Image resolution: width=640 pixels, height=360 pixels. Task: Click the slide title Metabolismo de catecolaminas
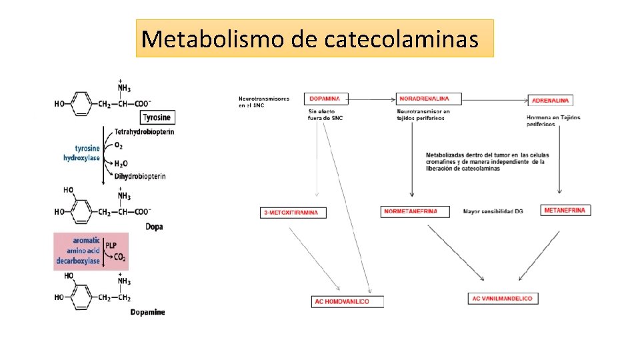point(315,39)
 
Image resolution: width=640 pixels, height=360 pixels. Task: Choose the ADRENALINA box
point(551,100)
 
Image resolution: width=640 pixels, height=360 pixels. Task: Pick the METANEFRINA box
point(565,210)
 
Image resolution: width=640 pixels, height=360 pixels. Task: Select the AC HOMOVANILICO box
point(347,301)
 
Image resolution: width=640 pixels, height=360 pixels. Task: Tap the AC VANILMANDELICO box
point(503,298)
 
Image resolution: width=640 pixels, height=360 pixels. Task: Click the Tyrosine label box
point(156,117)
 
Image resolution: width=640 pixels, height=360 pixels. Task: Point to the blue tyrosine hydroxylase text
point(82,153)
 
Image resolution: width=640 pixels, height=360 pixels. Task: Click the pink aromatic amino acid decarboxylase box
point(91,251)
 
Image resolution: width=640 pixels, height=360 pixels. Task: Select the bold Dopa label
point(154,227)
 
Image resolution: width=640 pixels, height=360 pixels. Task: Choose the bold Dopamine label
point(148,312)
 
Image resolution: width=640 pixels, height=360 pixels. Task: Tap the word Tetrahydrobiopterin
point(144,132)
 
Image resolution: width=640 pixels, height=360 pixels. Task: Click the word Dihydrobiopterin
point(140,176)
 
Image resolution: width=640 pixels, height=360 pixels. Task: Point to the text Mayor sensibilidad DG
point(493,211)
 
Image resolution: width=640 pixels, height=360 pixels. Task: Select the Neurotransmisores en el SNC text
point(264,101)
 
